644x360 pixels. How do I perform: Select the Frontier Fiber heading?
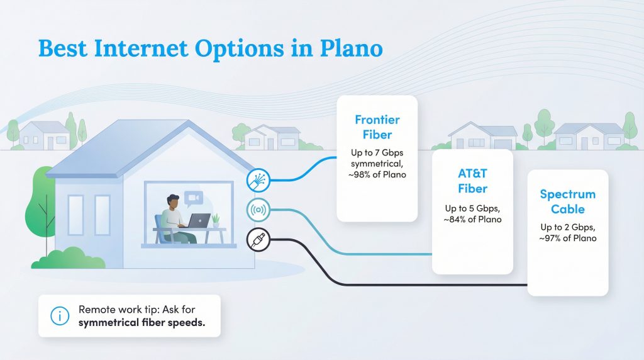377,127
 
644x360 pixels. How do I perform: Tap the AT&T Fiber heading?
472,181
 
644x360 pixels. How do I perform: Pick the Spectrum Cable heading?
567,201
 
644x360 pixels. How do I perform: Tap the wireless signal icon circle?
258,210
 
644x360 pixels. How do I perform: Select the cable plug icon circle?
258,239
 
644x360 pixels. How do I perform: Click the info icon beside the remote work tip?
60,316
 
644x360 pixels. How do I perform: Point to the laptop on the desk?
199,221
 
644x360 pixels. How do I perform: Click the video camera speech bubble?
194,198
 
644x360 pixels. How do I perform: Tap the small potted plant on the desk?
216,220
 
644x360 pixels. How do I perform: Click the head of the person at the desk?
174,202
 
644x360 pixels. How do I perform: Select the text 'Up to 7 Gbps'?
377,152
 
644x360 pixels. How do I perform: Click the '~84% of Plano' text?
472,219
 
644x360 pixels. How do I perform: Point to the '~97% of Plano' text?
567,238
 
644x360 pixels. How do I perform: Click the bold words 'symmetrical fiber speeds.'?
142,322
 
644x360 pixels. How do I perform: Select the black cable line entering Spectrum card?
440,285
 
